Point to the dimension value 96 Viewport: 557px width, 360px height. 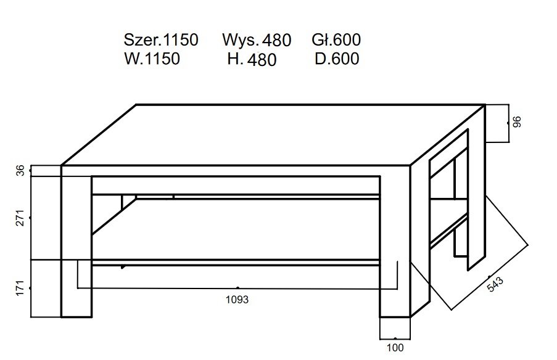click(518, 121)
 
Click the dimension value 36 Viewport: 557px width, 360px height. click(19, 171)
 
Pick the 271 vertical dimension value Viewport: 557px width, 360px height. click(19, 218)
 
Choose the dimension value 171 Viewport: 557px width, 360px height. click(19, 287)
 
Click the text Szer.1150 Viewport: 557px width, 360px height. click(161, 40)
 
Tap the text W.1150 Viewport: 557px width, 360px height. click(152, 59)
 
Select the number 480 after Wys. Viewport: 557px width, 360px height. click(276, 41)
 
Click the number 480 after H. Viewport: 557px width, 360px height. click(263, 60)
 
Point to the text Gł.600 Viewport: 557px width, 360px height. click(336, 40)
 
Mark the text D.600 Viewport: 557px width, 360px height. click(337, 59)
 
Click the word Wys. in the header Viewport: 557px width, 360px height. click(241, 41)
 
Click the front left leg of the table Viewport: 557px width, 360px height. click(76, 247)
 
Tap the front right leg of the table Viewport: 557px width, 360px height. click(395, 247)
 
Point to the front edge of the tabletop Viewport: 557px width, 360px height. click(234, 171)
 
